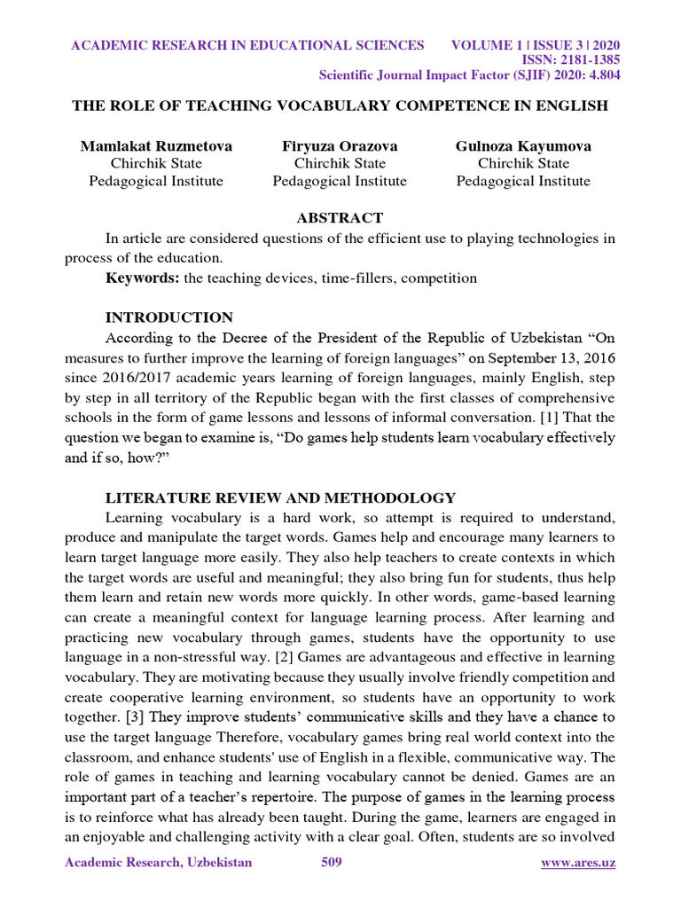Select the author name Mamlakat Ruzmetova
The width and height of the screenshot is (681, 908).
coord(156,145)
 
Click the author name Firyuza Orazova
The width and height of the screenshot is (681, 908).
coord(340,145)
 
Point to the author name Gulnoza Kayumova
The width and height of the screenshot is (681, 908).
coord(523,145)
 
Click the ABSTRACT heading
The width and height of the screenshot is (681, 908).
coord(340,217)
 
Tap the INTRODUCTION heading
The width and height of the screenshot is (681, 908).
coord(169,317)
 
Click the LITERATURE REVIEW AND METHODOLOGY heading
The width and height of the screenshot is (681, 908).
coord(280,497)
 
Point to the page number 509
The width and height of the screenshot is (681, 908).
coord(332,863)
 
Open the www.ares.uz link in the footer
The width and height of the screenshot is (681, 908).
coord(578,863)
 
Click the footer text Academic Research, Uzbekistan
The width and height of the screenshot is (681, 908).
coord(159,863)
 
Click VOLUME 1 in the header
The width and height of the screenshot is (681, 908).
coord(491,45)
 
